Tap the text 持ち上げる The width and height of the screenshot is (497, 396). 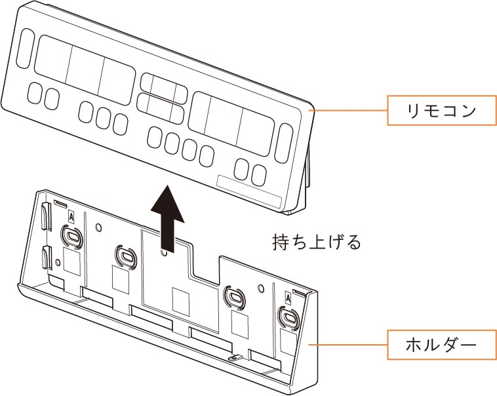pyautogui.click(x=317, y=243)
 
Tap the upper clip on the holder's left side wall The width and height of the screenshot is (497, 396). pyautogui.click(x=45, y=216)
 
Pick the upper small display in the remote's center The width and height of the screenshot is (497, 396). pyautogui.click(x=163, y=87)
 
